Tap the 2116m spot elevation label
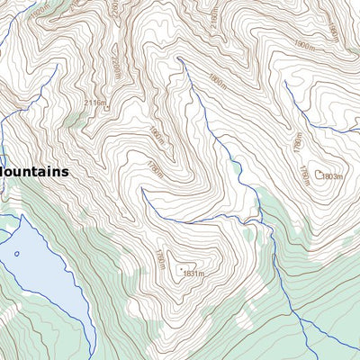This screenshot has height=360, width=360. coord(94,103)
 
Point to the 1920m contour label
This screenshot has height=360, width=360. coord(214,19)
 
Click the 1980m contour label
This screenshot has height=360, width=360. coord(331,31)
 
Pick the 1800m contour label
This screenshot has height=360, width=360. coord(215,78)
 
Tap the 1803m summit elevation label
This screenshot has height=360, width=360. coord(331,176)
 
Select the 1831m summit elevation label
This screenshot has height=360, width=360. coord(193,273)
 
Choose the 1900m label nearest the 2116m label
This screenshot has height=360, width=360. coord(157,135)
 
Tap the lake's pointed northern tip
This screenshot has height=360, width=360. coord(20,217)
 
